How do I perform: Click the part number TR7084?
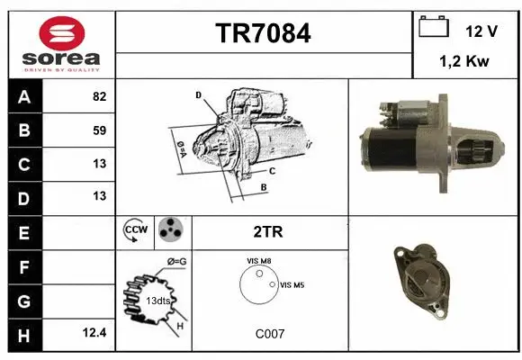click(x=264, y=33)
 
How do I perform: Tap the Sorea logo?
click(x=62, y=44)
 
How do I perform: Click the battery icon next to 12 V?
click(x=434, y=27)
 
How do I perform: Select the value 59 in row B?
click(x=99, y=130)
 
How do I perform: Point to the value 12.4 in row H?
click(x=94, y=332)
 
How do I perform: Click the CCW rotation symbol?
click(x=135, y=231)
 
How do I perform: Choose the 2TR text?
click(x=268, y=231)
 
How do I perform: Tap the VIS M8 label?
click(x=259, y=261)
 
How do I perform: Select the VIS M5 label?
click(x=292, y=285)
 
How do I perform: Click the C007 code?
click(x=269, y=334)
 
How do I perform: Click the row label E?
click(x=23, y=231)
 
